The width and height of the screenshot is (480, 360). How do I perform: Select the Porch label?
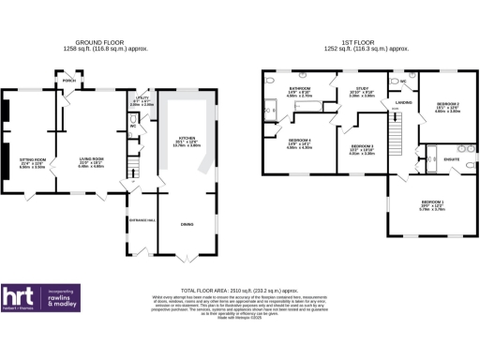coord(68,81)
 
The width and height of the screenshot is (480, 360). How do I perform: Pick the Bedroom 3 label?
coord(362,147)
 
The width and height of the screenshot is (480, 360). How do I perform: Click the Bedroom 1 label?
coord(432,203)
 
